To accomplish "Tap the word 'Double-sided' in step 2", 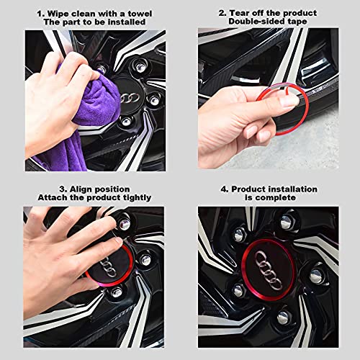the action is (x=255, y=22).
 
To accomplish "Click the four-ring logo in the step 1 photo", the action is (x=130, y=98).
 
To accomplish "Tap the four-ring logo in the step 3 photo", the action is (x=108, y=266).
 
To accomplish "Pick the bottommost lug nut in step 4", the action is (x=284, y=318).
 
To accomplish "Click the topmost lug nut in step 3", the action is (x=125, y=224).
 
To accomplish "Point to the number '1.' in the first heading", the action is (x=41, y=14).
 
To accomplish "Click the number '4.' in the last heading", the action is (x=225, y=189).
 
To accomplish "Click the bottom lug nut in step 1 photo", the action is (x=127, y=122).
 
